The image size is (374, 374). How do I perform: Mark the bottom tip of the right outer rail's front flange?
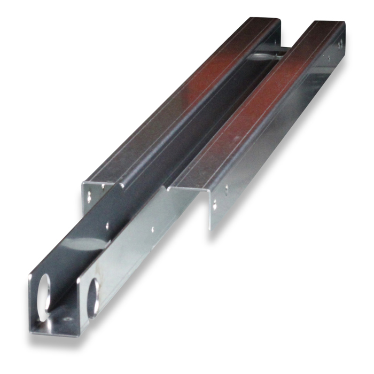click(x=209, y=229)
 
